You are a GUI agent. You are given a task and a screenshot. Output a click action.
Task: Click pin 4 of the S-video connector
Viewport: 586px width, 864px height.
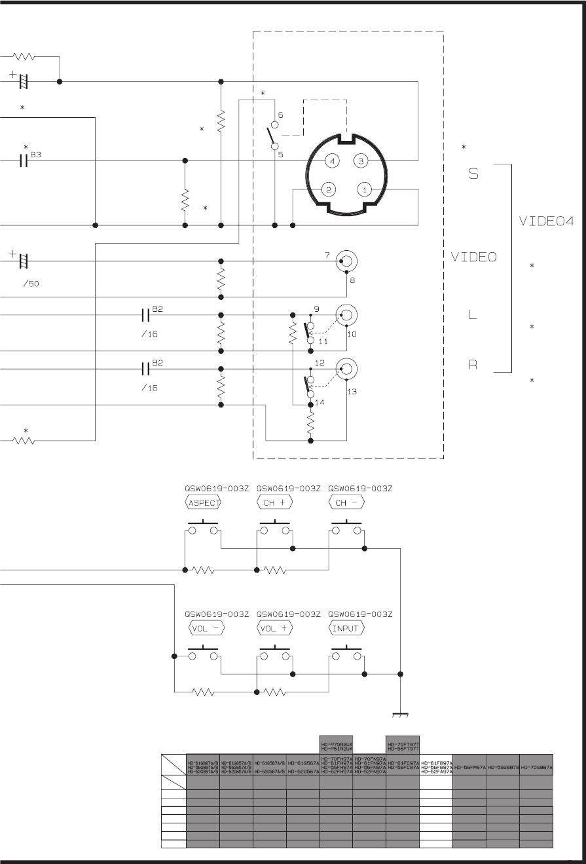[333, 160]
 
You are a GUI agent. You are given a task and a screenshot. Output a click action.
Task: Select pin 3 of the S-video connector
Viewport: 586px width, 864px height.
[360, 160]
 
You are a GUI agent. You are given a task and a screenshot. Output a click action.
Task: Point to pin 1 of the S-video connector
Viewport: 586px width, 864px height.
[364, 189]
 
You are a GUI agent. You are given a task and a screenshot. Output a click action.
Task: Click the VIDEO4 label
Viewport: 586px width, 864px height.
[546, 221]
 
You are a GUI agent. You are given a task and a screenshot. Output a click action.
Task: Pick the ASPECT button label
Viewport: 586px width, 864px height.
[204, 503]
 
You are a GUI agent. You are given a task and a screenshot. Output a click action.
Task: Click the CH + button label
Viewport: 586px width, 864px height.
[275, 503]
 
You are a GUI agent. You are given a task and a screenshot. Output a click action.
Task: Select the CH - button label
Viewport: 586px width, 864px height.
[346, 503]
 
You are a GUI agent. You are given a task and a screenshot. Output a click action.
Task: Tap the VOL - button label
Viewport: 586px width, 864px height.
[206, 628]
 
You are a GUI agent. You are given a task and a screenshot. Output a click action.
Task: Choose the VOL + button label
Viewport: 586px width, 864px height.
[275, 628]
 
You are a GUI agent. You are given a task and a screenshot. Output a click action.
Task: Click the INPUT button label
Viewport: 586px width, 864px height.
[346, 628]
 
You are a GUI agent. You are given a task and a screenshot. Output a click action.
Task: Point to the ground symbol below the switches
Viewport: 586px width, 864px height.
[400, 714]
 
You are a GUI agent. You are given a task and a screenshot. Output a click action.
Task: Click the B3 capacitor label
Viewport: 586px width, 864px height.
[35, 155]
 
